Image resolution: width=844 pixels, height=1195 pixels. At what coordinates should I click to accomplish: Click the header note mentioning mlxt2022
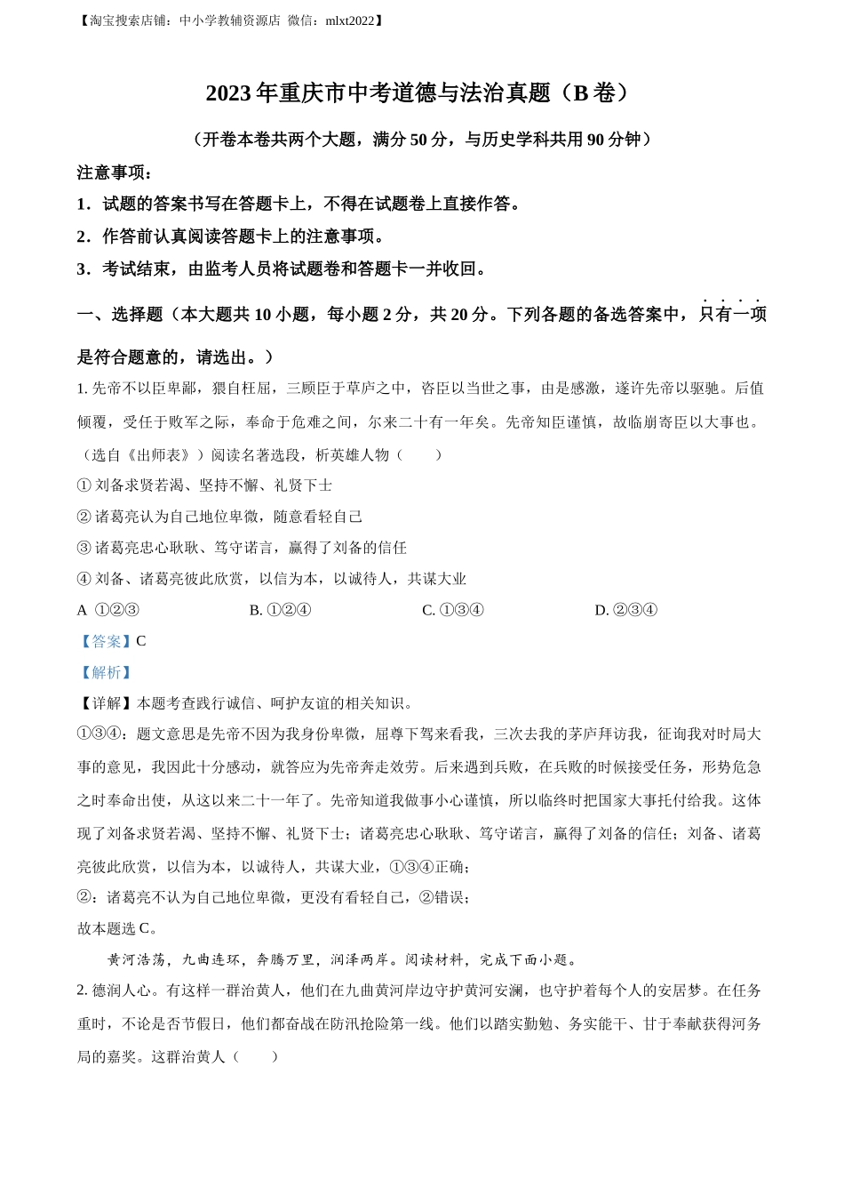[x=231, y=20]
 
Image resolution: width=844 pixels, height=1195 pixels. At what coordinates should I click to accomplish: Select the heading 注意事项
[x=115, y=172]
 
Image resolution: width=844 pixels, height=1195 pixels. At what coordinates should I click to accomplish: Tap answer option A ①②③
[x=108, y=610]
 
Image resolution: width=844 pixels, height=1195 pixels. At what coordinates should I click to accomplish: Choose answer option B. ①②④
[x=280, y=610]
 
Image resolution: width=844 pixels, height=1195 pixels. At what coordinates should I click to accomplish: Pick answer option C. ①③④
[x=453, y=610]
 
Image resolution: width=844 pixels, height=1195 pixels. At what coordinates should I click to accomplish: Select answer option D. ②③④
[x=625, y=610]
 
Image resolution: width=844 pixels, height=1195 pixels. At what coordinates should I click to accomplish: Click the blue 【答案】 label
[x=105, y=641]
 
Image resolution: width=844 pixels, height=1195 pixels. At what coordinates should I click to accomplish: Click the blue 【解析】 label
[x=105, y=673]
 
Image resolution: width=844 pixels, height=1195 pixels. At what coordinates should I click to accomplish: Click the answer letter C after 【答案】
[x=141, y=641]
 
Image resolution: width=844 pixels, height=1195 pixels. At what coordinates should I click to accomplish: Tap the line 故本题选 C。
[x=118, y=928]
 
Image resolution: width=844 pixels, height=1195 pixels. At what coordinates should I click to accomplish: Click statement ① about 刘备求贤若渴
[x=204, y=485]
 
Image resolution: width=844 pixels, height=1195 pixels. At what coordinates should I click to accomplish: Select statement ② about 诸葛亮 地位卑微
[x=219, y=517]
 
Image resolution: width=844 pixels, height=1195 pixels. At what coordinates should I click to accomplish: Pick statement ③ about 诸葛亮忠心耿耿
[x=242, y=548]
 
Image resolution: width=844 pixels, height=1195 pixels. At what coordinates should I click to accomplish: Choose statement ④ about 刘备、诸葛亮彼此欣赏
[x=271, y=579]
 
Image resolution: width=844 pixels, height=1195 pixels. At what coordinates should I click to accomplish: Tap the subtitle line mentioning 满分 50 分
[x=421, y=140]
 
